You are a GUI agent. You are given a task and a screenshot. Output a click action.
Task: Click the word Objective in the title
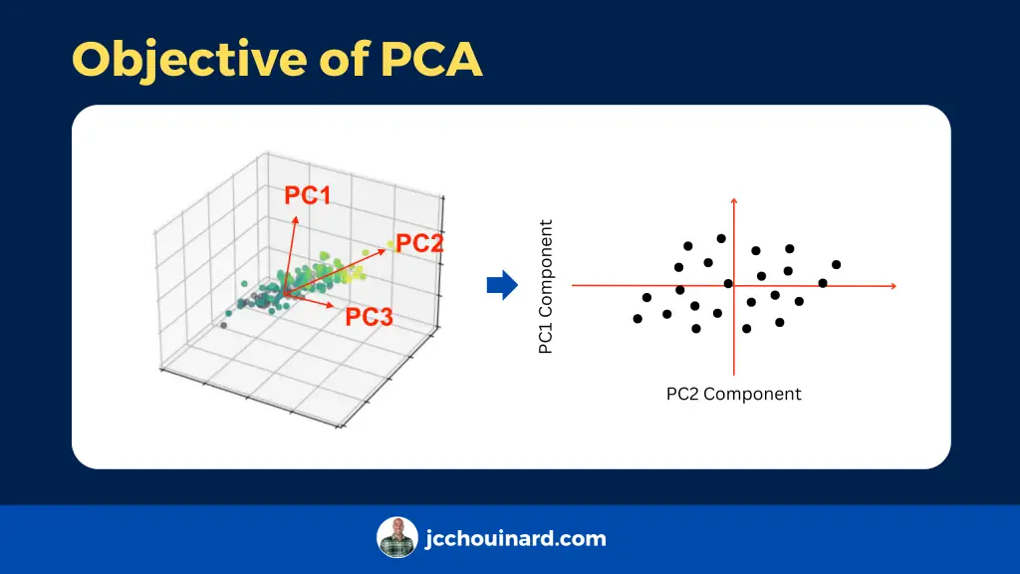coord(189,59)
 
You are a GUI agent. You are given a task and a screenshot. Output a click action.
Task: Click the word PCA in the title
coord(431,59)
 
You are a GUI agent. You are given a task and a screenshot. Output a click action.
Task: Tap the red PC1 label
coord(308,195)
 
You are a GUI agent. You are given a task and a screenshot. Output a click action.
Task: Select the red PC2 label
coord(419,243)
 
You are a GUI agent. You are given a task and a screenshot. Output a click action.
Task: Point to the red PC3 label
coord(369,317)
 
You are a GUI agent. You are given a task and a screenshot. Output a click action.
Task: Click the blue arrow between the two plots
coord(502,284)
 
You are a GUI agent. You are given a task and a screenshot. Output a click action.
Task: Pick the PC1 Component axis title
coord(545,287)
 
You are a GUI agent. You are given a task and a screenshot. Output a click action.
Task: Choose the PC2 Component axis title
coord(734,394)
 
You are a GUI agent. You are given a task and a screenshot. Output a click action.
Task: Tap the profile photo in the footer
coord(396,537)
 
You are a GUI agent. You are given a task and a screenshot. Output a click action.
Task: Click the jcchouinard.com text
coord(516,539)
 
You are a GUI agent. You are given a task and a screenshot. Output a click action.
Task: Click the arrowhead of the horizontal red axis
coord(893,286)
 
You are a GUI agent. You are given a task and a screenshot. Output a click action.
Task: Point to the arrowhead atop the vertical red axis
coord(734,201)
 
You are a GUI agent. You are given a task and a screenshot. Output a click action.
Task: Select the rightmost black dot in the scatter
coord(837,265)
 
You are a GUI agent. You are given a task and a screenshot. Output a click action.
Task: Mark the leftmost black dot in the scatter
coord(637,319)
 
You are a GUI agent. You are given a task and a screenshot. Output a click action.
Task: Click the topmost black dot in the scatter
coord(721,239)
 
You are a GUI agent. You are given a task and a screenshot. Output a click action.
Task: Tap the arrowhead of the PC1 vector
coord(295,220)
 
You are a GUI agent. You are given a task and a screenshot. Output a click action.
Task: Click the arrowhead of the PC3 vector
coord(331,305)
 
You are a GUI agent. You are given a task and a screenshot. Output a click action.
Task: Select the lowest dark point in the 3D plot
coord(224,326)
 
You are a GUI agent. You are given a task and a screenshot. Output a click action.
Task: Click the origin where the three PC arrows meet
coord(286,294)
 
